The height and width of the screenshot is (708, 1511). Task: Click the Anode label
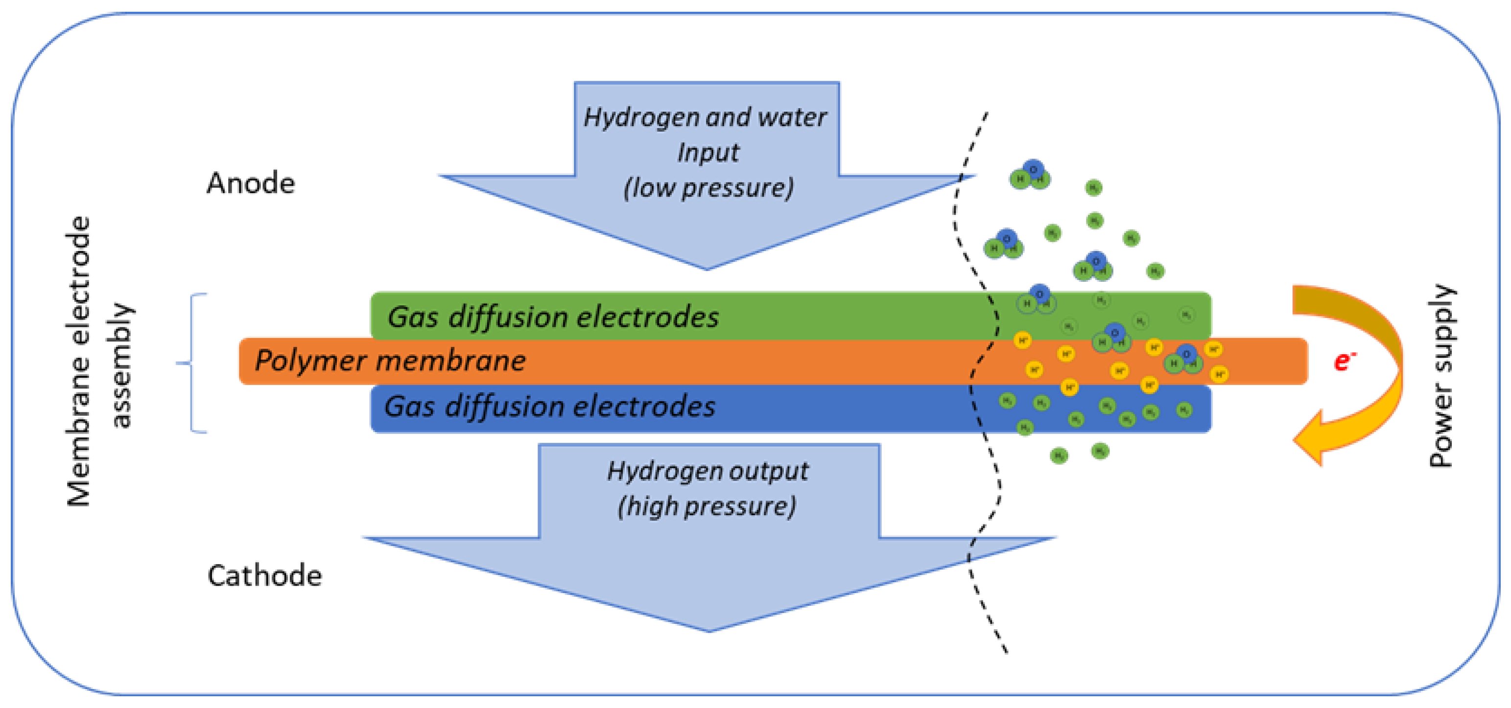[x=251, y=183]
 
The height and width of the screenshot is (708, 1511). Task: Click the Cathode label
[x=264, y=575]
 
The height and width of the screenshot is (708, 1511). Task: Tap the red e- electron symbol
[x=1343, y=361]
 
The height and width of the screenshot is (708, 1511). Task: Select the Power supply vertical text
[x=1440, y=375]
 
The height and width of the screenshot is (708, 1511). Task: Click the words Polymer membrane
[x=390, y=361]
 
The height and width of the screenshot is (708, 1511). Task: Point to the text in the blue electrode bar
[x=550, y=407]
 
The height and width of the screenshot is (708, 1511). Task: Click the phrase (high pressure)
[x=707, y=506]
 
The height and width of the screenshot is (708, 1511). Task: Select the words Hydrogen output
[x=708, y=471]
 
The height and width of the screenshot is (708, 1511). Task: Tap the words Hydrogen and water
[x=705, y=117]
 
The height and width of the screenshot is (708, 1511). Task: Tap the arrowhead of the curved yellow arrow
[x=1311, y=439]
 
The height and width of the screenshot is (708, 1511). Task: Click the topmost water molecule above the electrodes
[x=1030, y=174]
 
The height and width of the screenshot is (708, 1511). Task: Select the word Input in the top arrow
[x=708, y=152]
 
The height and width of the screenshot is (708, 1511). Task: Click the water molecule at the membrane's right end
[x=1184, y=360]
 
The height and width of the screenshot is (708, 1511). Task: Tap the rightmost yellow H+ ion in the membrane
[x=1220, y=373]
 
